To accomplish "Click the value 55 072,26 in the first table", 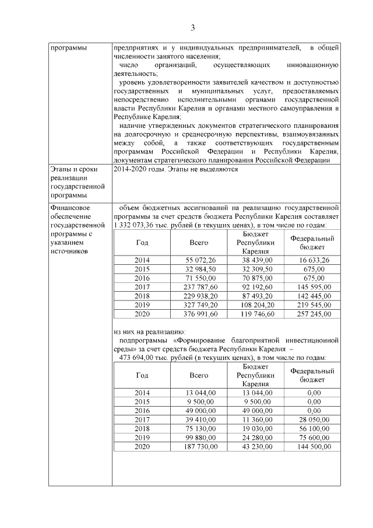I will [200, 260].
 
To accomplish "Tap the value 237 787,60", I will [200, 286].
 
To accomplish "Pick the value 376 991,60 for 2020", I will [200, 313].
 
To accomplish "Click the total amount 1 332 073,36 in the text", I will [136, 225].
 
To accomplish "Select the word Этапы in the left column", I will [61, 170].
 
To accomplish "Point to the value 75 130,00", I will [200, 428].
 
